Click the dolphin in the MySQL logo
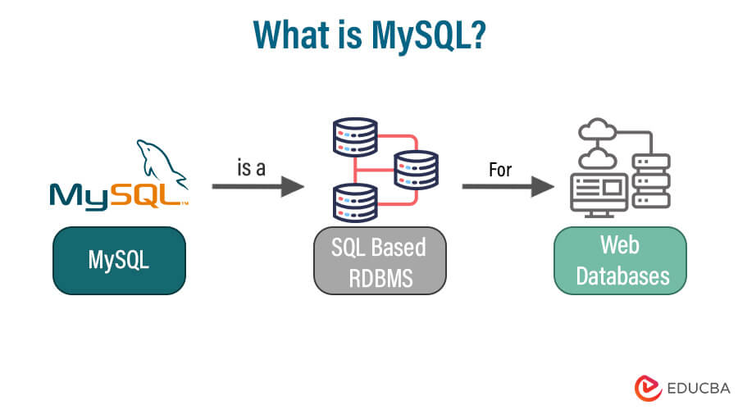(x=162, y=160)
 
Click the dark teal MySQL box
(x=119, y=260)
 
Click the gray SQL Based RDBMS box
(x=380, y=260)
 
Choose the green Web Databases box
(x=620, y=260)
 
